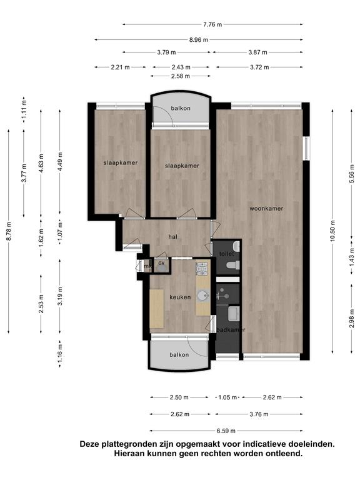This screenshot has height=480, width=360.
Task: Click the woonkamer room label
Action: point(266,209)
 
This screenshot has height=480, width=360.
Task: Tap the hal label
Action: point(172,236)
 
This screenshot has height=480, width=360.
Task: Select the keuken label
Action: point(180,297)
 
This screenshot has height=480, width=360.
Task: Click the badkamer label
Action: point(231,330)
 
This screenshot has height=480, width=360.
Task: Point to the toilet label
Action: point(226,254)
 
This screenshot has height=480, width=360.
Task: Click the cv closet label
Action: point(161,262)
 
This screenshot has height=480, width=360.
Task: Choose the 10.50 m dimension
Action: point(332,231)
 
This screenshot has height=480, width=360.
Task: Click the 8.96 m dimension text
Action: point(199,39)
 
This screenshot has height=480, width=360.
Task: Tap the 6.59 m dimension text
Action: point(226,431)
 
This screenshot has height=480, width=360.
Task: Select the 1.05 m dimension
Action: point(227,397)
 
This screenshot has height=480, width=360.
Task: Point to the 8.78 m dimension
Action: point(9,231)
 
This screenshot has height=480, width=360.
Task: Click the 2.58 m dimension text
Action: point(180,76)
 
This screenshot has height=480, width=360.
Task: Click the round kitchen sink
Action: point(202,296)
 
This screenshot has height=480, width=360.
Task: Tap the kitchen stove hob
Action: point(202,267)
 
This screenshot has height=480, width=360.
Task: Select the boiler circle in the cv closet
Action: point(161,269)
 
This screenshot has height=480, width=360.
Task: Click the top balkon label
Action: point(181,108)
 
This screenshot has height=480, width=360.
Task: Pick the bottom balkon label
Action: point(179,355)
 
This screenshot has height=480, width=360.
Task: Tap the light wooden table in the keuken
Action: point(157,309)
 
